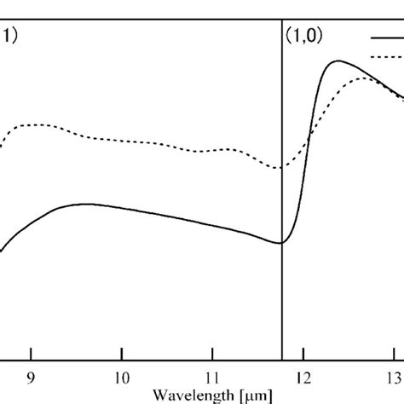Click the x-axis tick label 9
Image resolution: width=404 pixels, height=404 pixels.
tap(32, 377)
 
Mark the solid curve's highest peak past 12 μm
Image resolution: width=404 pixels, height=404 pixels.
tap(339, 61)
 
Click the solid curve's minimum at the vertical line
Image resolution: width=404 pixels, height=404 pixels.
tap(280, 243)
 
